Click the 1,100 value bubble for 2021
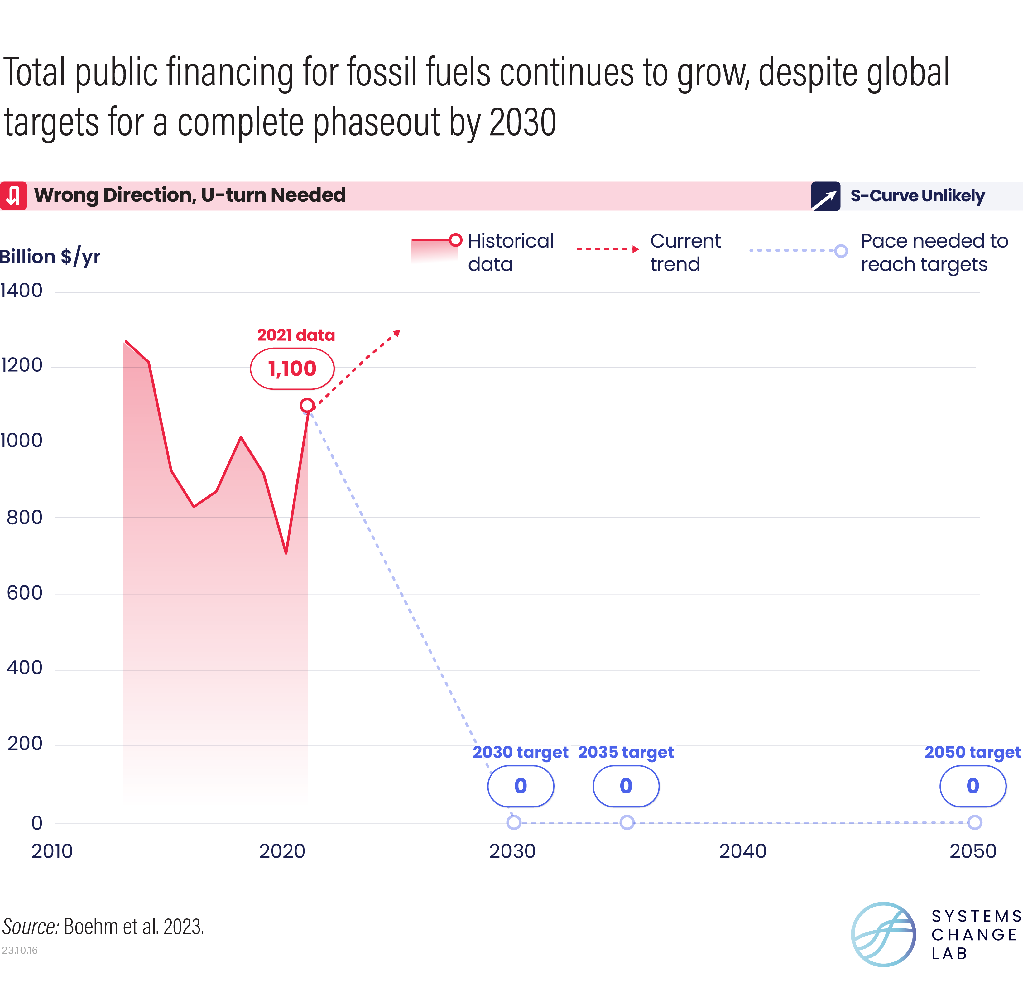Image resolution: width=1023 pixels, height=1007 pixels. [x=292, y=369]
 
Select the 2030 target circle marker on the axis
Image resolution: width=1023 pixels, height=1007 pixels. [x=513, y=822]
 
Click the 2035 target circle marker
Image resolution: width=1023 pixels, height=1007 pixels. [x=627, y=822]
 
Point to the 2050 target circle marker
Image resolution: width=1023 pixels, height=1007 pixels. [x=974, y=822]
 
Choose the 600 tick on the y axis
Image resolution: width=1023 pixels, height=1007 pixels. [x=24, y=593]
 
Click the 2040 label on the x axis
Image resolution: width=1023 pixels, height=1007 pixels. [x=742, y=851]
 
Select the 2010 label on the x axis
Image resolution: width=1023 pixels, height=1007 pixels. [x=52, y=851]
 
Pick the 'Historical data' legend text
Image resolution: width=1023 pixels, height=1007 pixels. [x=510, y=252]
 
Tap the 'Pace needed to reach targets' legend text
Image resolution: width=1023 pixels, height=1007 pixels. [x=934, y=252]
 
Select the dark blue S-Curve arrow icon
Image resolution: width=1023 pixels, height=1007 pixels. [x=825, y=196]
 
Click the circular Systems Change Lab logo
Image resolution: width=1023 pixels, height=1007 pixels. [x=883, y=935]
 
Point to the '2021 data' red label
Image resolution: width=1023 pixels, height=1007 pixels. [x=295, y=335]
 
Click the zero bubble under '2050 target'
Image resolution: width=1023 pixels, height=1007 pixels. [x=972, y=786]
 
